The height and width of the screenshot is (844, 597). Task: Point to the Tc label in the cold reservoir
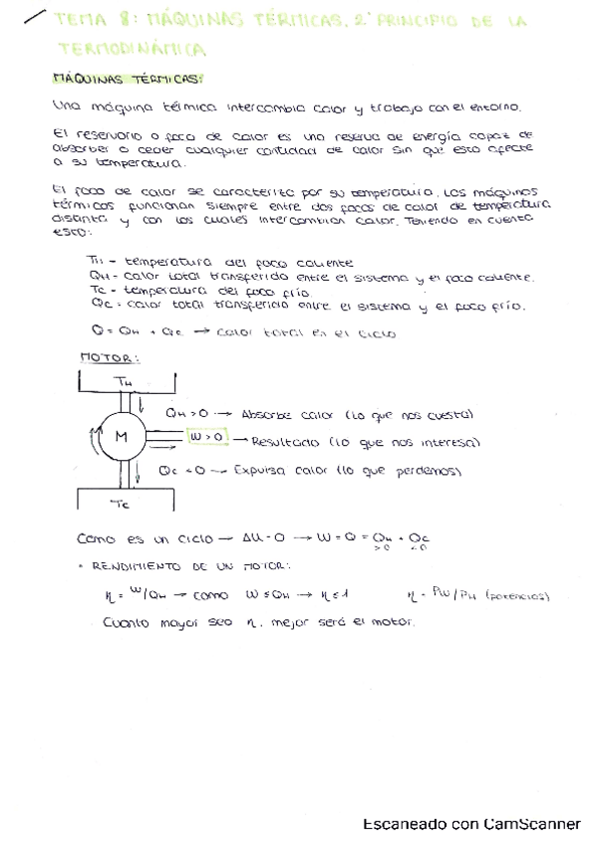pyautogui.click(x=121, y=504)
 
